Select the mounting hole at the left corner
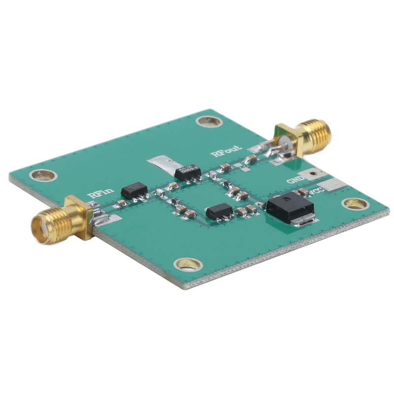[x=43, y=174]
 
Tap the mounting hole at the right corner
[x=355, y=203]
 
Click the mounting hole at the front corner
[x=188, y=264]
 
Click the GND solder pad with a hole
[x=312, y=173]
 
